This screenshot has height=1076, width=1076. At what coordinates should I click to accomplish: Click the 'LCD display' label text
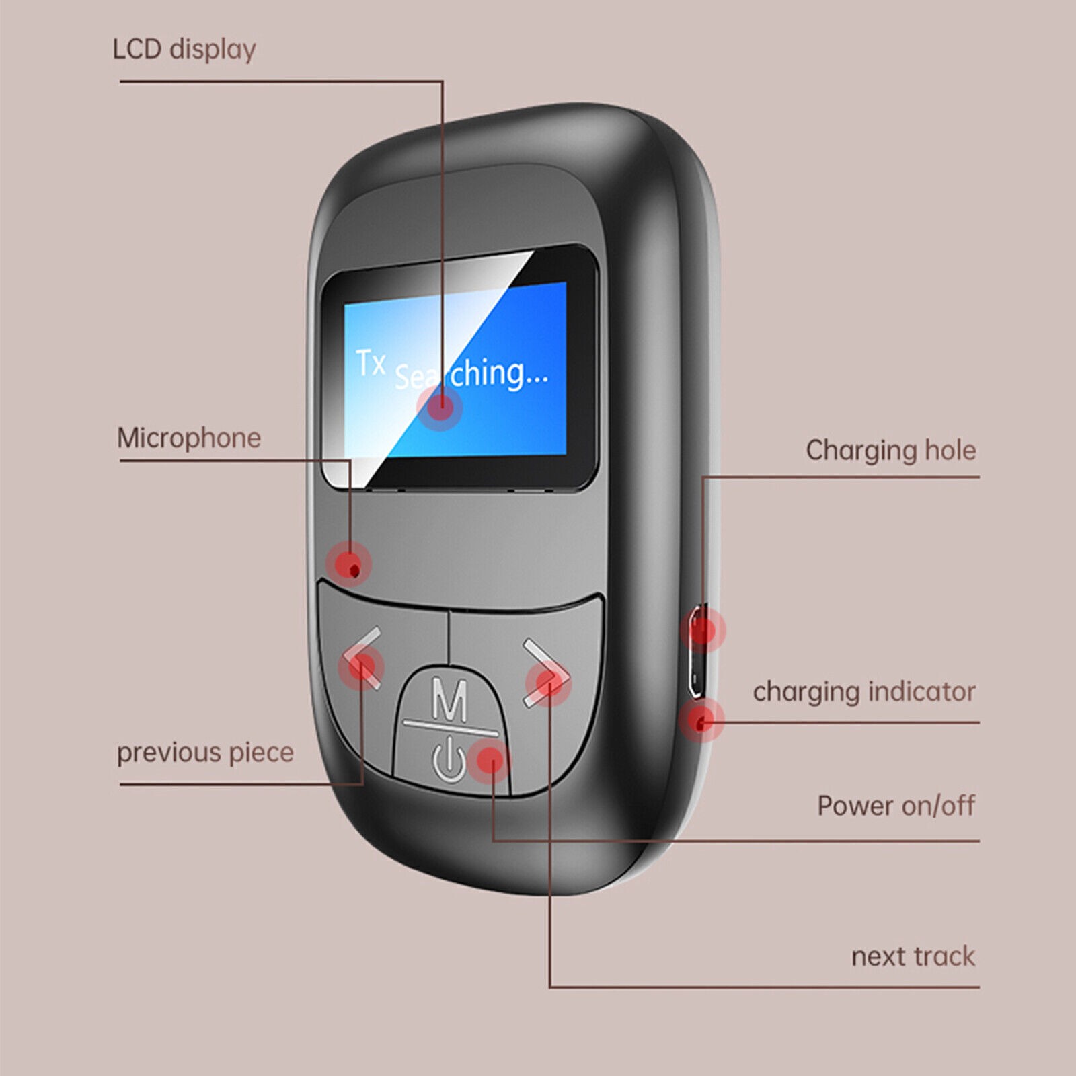[x=184, y=50]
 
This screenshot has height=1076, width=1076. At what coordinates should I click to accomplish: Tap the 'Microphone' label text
[x=189, y=438]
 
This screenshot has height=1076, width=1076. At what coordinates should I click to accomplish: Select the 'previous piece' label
[x=205, y=753]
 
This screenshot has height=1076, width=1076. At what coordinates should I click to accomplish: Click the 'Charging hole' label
[x=890, y=451]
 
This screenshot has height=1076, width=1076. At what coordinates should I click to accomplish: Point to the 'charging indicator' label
[x=864, y=692]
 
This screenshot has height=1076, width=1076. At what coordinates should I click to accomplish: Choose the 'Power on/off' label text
[x=896, y=806]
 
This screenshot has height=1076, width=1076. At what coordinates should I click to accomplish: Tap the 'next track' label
[x=913, y=956]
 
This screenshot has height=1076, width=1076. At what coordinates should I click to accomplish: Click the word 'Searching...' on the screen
[x=471, y=374]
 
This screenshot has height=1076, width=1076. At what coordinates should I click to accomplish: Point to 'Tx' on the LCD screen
[x=371, y=363]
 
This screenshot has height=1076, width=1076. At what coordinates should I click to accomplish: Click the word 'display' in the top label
[x=213, y=50]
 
